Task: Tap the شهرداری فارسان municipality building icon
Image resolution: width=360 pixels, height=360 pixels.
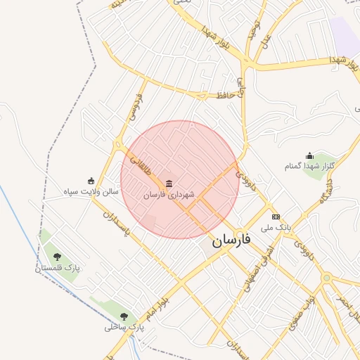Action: [168, 184]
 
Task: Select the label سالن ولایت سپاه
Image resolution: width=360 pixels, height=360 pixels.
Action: [89, 191]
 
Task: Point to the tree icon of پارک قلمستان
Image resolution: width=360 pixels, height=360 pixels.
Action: [57, 257]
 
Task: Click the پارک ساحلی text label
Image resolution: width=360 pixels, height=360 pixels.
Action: [124, 327]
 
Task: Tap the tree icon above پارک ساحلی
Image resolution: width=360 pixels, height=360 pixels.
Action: [124, 316]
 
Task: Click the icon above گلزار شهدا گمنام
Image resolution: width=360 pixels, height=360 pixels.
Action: [309, 156]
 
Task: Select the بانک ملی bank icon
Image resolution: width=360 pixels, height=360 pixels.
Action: [276, 217]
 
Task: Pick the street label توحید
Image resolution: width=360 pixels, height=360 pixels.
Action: [253, 30]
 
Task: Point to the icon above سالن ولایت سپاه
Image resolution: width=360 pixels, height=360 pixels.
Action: [90, 181]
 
